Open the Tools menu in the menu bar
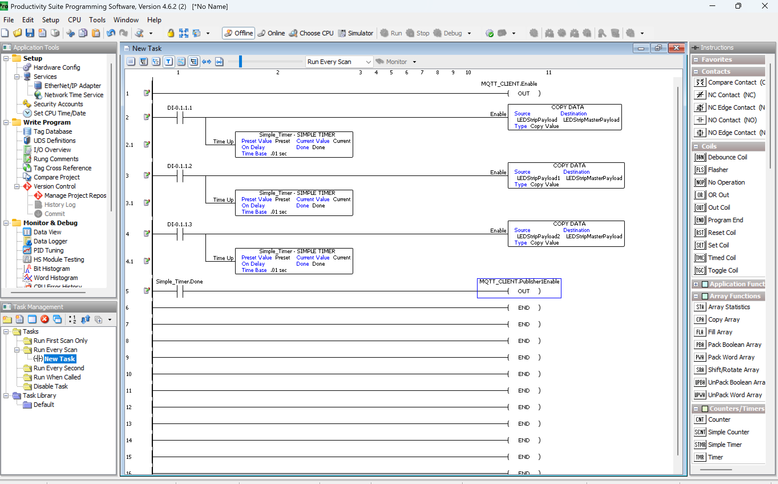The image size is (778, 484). [x=97, y=20]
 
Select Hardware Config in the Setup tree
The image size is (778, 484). [x=56, y=67]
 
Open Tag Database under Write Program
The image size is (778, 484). [x=53, y=131]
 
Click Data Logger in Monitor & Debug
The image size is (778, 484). [x=50, y=241]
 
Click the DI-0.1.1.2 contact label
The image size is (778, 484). [x=180, y=166]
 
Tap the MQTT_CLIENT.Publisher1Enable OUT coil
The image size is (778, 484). [x=524, y=291]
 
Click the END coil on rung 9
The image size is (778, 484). [x=524, y=357]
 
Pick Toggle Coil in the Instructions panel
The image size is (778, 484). [x=723, y=270]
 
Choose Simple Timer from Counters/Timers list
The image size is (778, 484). [x=725, y=445]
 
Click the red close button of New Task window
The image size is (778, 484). [x=676, y=48]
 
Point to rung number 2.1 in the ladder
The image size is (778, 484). [x=130, y=145]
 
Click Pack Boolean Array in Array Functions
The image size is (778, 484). [x=735, y=345]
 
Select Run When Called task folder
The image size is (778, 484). [x=57, y=377]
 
